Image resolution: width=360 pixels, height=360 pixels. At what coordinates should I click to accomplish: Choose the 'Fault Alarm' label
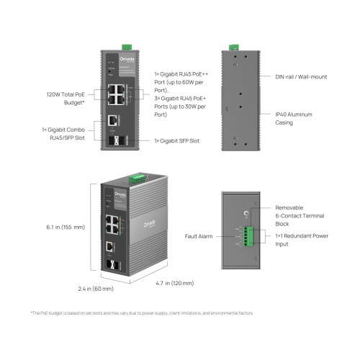pos(197,236)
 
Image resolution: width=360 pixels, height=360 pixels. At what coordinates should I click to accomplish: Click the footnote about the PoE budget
pos(142,313)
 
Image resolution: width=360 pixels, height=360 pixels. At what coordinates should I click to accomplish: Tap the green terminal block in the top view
pos(250,235)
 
